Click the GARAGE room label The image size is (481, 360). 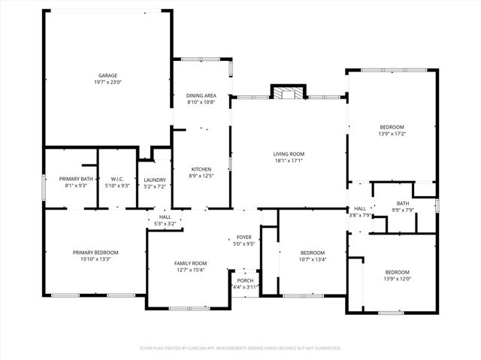click(107, 75)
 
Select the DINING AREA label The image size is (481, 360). click(201, 95)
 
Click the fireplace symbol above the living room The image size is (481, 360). click(286, 93)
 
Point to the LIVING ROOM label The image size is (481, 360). click(288, 154)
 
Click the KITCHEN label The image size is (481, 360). click(201, 169)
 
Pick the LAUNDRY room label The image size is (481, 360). click(155, 180)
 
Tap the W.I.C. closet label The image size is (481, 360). click(116, 179)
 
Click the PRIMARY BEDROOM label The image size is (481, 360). click(95, 252)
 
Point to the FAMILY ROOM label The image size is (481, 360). click(190, 263)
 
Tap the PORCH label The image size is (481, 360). click(245, 280)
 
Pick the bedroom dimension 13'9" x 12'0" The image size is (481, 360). click(397, 278)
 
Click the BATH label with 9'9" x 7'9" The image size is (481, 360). click(403, 203)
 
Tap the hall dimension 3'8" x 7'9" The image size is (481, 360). click(360, 215)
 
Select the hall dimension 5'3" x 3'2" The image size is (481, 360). click(165, 222)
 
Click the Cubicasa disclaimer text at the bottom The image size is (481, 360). click(240, 348)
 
